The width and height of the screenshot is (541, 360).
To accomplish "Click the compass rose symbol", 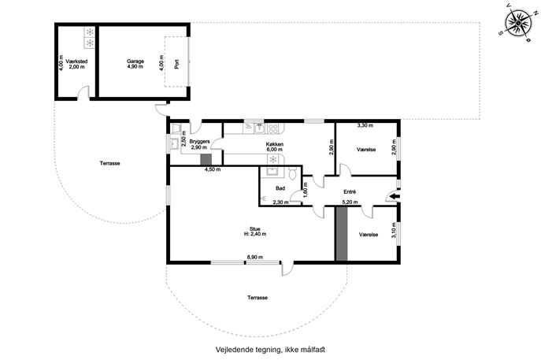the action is [x=518, y=23].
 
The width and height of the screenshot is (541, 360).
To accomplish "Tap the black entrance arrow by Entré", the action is [x=395, y=196].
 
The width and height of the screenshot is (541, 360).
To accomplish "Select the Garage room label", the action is [x=135, y=64].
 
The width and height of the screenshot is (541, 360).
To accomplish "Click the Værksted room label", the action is [x=76, y=64].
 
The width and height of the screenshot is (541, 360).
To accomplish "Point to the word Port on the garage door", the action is [x=176, y=64].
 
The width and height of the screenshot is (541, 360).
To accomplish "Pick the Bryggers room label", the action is [x=199, y=144].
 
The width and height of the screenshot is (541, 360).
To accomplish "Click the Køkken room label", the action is [x=275, y=147].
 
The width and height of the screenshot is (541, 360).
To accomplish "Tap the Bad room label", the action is [x=280, y=188].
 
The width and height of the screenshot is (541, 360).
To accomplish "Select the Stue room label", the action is [x=254, y=232].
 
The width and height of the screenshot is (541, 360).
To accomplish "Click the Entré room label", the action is [x=350, y=191].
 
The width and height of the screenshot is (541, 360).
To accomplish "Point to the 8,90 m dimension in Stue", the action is [x=254, y=257].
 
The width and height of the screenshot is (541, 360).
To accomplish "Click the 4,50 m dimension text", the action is [x=213, y=169].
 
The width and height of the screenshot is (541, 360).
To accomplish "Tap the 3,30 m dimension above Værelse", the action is [x=365, y=125].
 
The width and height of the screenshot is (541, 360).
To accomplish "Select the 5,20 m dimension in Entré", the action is [x=350, y=202].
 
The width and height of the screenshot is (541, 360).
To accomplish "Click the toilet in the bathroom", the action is [x=293, y=173].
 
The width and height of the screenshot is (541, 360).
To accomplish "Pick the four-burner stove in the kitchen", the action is [x=273, y=128].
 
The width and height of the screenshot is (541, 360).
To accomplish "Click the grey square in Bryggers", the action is [x=206, y=159].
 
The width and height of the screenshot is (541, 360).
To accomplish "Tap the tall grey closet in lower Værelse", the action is [x=342, y=234].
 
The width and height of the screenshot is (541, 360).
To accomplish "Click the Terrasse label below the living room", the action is [x=258, y=298].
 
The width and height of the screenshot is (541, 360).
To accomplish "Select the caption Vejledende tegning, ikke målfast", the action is [x=270, y=350].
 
